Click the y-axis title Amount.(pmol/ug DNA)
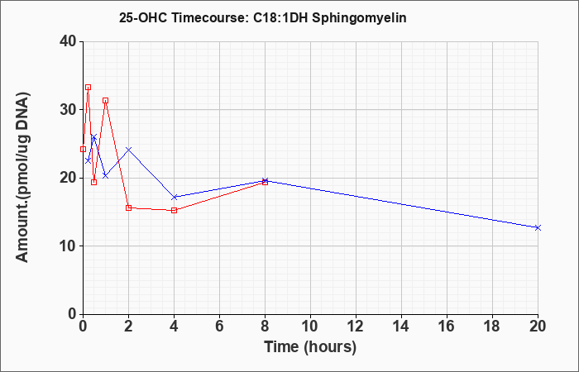pos(23,178)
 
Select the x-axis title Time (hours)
pos(310,347)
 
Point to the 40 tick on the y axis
pos(69,41)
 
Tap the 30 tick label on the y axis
pos(69,110)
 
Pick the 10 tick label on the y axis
pos(69,246)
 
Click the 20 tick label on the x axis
pos(538,327)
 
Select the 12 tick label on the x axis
pos(356,327)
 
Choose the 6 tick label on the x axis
pos(219,327)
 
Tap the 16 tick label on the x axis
pos(447,327)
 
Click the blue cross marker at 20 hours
pos(538,227)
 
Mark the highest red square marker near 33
pos(88,88)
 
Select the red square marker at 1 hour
pos(106,100)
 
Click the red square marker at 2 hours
pos(128,207)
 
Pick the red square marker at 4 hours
pos(175,210)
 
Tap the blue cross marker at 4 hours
pos(175,197)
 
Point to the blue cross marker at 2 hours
pos(128,150)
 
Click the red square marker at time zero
pos(83,149)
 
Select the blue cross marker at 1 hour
pos(106,175)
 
